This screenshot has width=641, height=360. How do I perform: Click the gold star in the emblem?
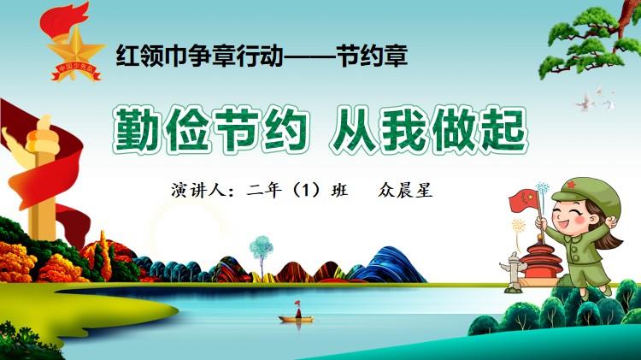[x=75, y=49]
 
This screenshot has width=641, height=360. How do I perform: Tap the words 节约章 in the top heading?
[x=373, y=56]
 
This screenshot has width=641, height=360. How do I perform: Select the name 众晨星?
[x=405, y=190]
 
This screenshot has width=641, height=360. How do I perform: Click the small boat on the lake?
[x=297, y=315]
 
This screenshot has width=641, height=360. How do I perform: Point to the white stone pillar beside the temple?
[x=512, y=272]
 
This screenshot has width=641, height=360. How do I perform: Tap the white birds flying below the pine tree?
[x=596, y=100]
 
